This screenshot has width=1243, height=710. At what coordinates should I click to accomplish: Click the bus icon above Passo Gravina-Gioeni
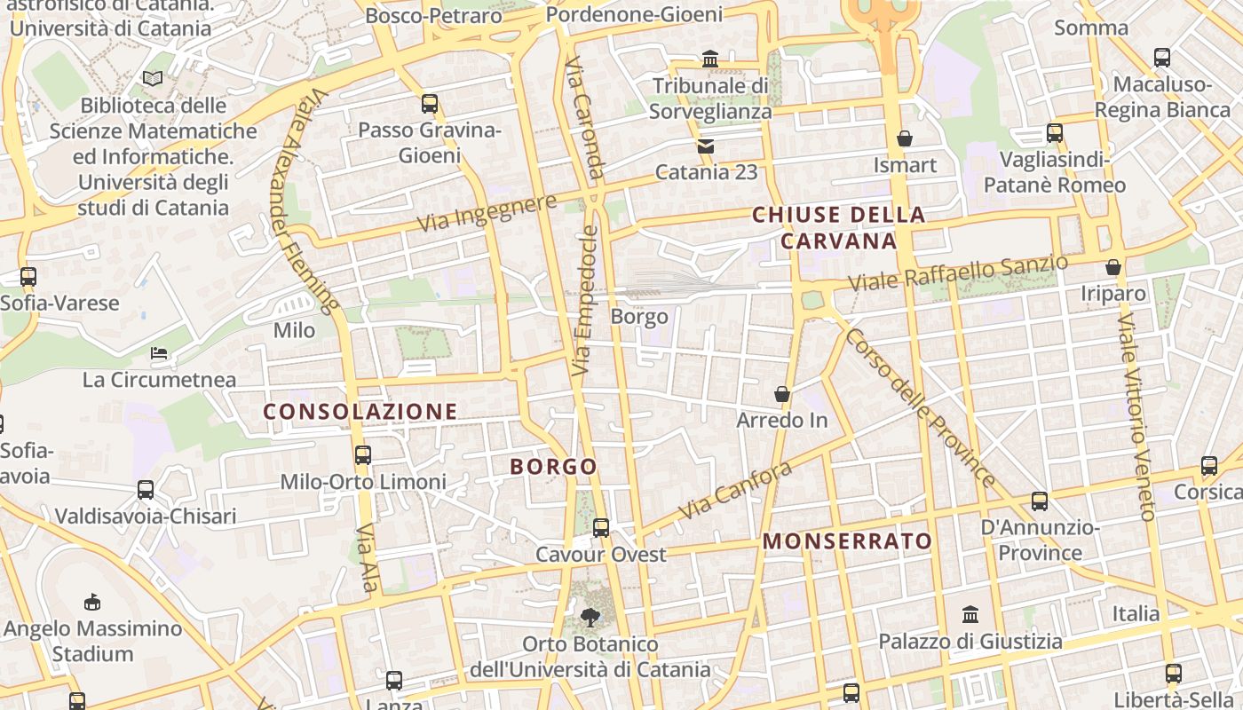coord(430,104)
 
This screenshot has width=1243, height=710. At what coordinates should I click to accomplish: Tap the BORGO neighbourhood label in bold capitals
coord(554,467)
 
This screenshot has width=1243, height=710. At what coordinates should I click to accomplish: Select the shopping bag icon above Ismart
coord(905,138)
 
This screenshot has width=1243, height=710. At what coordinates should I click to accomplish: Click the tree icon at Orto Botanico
coord(590,617)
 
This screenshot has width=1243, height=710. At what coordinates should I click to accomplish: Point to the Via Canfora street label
coord(734,492)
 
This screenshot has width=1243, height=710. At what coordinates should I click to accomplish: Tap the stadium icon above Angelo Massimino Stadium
coord(91,603)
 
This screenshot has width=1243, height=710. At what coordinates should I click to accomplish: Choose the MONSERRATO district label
coord(848,541)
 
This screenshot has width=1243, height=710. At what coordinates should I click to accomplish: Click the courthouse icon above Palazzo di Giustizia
coord(970,614)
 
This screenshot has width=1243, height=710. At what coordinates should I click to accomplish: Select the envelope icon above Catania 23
coord(706,146)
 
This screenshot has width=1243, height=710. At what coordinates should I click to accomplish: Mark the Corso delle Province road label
coord(920,407)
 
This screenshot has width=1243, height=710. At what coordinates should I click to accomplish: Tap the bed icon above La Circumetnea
coord(159,353)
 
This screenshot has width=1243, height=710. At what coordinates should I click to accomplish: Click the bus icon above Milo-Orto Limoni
coord(363,455)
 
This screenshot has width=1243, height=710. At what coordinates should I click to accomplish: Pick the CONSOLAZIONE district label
coord(360,412)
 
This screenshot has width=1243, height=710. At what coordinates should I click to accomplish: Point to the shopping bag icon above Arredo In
coord(782,393)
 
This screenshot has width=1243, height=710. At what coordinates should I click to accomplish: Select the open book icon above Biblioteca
coord(153,79)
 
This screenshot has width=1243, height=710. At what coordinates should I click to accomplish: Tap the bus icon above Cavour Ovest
coord(601,528)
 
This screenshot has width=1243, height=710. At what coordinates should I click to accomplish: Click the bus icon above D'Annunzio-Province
coord(1040,501)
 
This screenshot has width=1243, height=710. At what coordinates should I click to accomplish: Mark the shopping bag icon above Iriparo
coord(1113,267)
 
